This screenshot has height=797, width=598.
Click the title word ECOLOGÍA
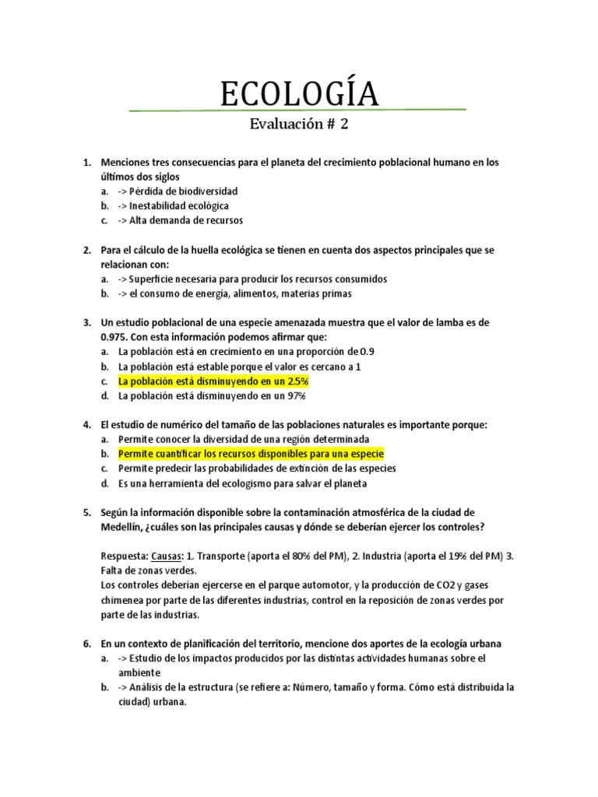click(299, 94)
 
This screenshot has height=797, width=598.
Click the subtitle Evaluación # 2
click(299, 125)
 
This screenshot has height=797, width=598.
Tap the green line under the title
click(299, 110)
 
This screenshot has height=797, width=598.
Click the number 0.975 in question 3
click(116, 336)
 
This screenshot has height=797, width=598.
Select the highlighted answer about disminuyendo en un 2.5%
click(213, 381)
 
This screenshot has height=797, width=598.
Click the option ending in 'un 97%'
click(212, 396)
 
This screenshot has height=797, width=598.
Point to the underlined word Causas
click(165, 556)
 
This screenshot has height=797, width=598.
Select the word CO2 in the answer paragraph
click(460, 585)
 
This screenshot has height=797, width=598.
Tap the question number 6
click(86, 644)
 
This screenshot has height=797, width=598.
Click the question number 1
click(86, 163)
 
